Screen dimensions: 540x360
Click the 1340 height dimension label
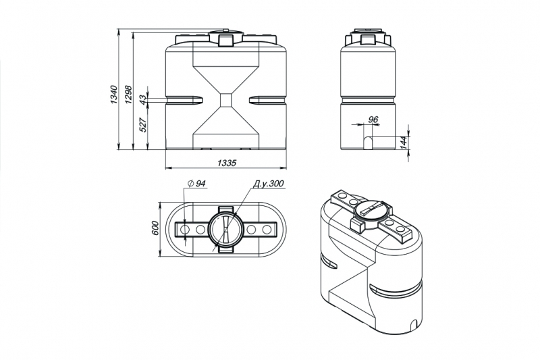(115, 95)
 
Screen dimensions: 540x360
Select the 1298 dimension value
(128, 95)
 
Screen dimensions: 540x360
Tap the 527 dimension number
(144, 125)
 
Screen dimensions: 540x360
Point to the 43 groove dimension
(143, 100)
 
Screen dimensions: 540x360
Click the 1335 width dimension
(227, 163)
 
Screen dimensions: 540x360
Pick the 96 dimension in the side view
(373, 120)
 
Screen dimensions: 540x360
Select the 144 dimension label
(404, 143)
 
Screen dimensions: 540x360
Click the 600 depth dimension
(155, 228)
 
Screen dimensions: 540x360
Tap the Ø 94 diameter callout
(196, 184)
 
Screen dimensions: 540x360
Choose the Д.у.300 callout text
(268, 184)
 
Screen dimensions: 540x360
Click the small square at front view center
(226, 100)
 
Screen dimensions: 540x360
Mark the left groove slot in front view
(184, 100)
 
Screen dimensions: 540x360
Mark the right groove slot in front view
(267, 100)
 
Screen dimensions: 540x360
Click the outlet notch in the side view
(368, 143)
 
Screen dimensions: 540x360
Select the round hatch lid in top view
(225, 230)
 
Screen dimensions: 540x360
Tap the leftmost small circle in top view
(185, 230)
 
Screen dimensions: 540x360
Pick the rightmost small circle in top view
(266, 230)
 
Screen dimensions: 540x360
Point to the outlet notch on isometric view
(415, 324)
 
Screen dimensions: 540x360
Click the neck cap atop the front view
(226, 38)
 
